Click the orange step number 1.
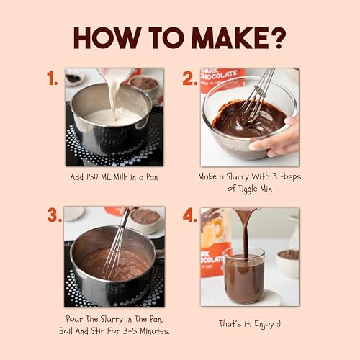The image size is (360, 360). pos(52,78)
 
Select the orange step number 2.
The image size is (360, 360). pos(189,78)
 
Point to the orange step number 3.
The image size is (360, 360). pos(55,215)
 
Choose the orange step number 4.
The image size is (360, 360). pos(189,215)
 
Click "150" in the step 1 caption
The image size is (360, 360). pos(91,177)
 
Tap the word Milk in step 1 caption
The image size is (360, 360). pos(121,177)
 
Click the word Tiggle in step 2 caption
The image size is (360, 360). pos(248,189)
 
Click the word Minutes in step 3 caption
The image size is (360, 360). pos(155,331)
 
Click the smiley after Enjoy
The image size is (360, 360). pos(279,324)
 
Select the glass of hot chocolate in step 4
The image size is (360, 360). pos(243,276)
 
